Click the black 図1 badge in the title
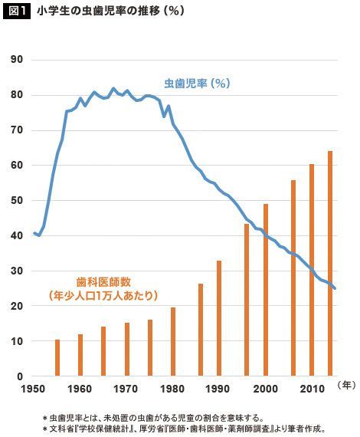pos(16,11)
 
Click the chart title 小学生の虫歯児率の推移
pos(99,11)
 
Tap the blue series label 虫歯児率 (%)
pos(197,84)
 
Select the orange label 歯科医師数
pos(103,282)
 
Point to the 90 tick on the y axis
pos(16,60)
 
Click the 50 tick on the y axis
pos(16,200)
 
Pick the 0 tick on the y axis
pos(20,376)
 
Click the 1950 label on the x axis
pos(33,389)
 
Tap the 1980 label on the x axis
pos(172,389)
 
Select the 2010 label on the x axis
pos(312,389)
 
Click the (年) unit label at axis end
pos(346,386)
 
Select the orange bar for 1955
pos(57,357)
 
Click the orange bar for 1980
pos(173,341)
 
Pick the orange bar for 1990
pos(219,318)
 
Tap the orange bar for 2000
pos(266,290)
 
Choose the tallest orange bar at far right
pos(330,264)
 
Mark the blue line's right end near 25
pos(335,288)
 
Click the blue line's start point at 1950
pos(34,233)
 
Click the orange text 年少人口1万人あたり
pos(103,295)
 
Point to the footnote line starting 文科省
pos(184,429)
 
